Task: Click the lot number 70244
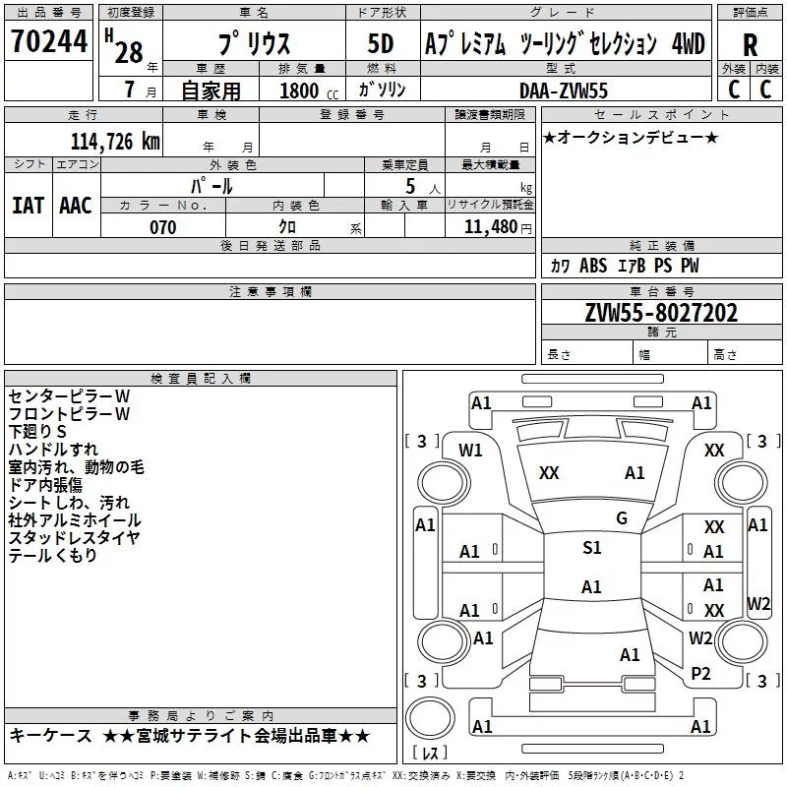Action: [x=49, y=41]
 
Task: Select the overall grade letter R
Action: [x=750, y=45]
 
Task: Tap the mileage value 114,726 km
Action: [x=115, y=142]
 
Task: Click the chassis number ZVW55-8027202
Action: [x=661, y=313]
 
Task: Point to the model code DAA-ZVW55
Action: [x=564, y=91]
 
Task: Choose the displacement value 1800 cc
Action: [x=309, y=91]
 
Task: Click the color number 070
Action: [x=163, y=227]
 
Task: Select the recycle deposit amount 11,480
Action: [x=491, y=227]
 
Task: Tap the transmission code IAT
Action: [x=29, y=206]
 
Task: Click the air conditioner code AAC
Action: [x=76, y=206]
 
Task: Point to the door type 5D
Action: [x=381, y=44]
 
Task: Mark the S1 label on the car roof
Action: [x=592, y=548]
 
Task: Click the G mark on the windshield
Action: [x=622, y=518]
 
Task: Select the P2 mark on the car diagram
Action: [x=700, y=674]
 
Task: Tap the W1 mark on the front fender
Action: [x=470, y=451]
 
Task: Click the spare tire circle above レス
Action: [x=430, y=718]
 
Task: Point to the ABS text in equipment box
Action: [x=593, y=266]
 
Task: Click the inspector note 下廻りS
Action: [x=37, y=432]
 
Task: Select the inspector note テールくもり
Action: [x=53, y=555]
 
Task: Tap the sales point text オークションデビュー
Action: [x=631, y=137]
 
